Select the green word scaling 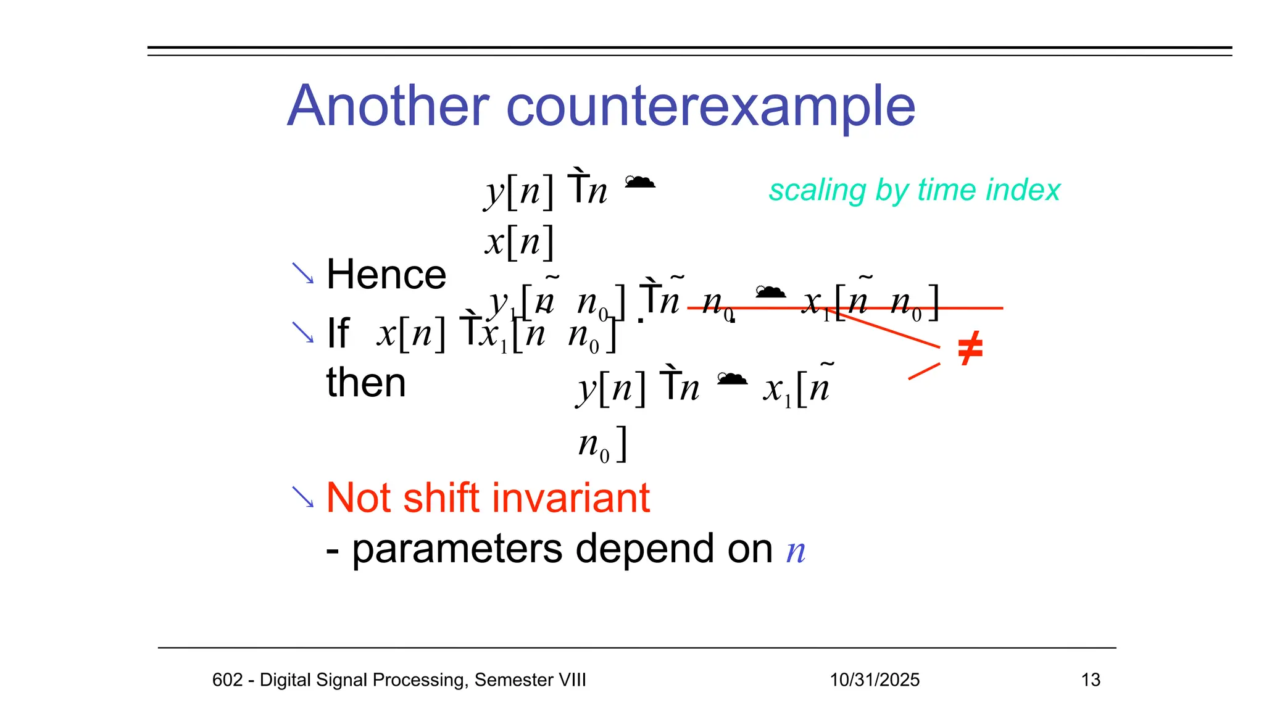[x=817, y=190]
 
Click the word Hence [x=386, y=275]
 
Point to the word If [x=338, y=333]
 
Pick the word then [x=365, y=383]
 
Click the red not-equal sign [x=970, y=349]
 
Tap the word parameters [x=457, y=549]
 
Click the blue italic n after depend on [x=796, y=551]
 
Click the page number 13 [x=1091, y=680]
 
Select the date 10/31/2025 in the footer [x=874, y=680]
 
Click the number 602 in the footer [x=227, y=680]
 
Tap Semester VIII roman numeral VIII [x=572, y=680]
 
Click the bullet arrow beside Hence [x=302, y=273]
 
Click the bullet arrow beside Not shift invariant [x=302, y=497]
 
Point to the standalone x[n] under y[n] [x=518, y=242]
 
